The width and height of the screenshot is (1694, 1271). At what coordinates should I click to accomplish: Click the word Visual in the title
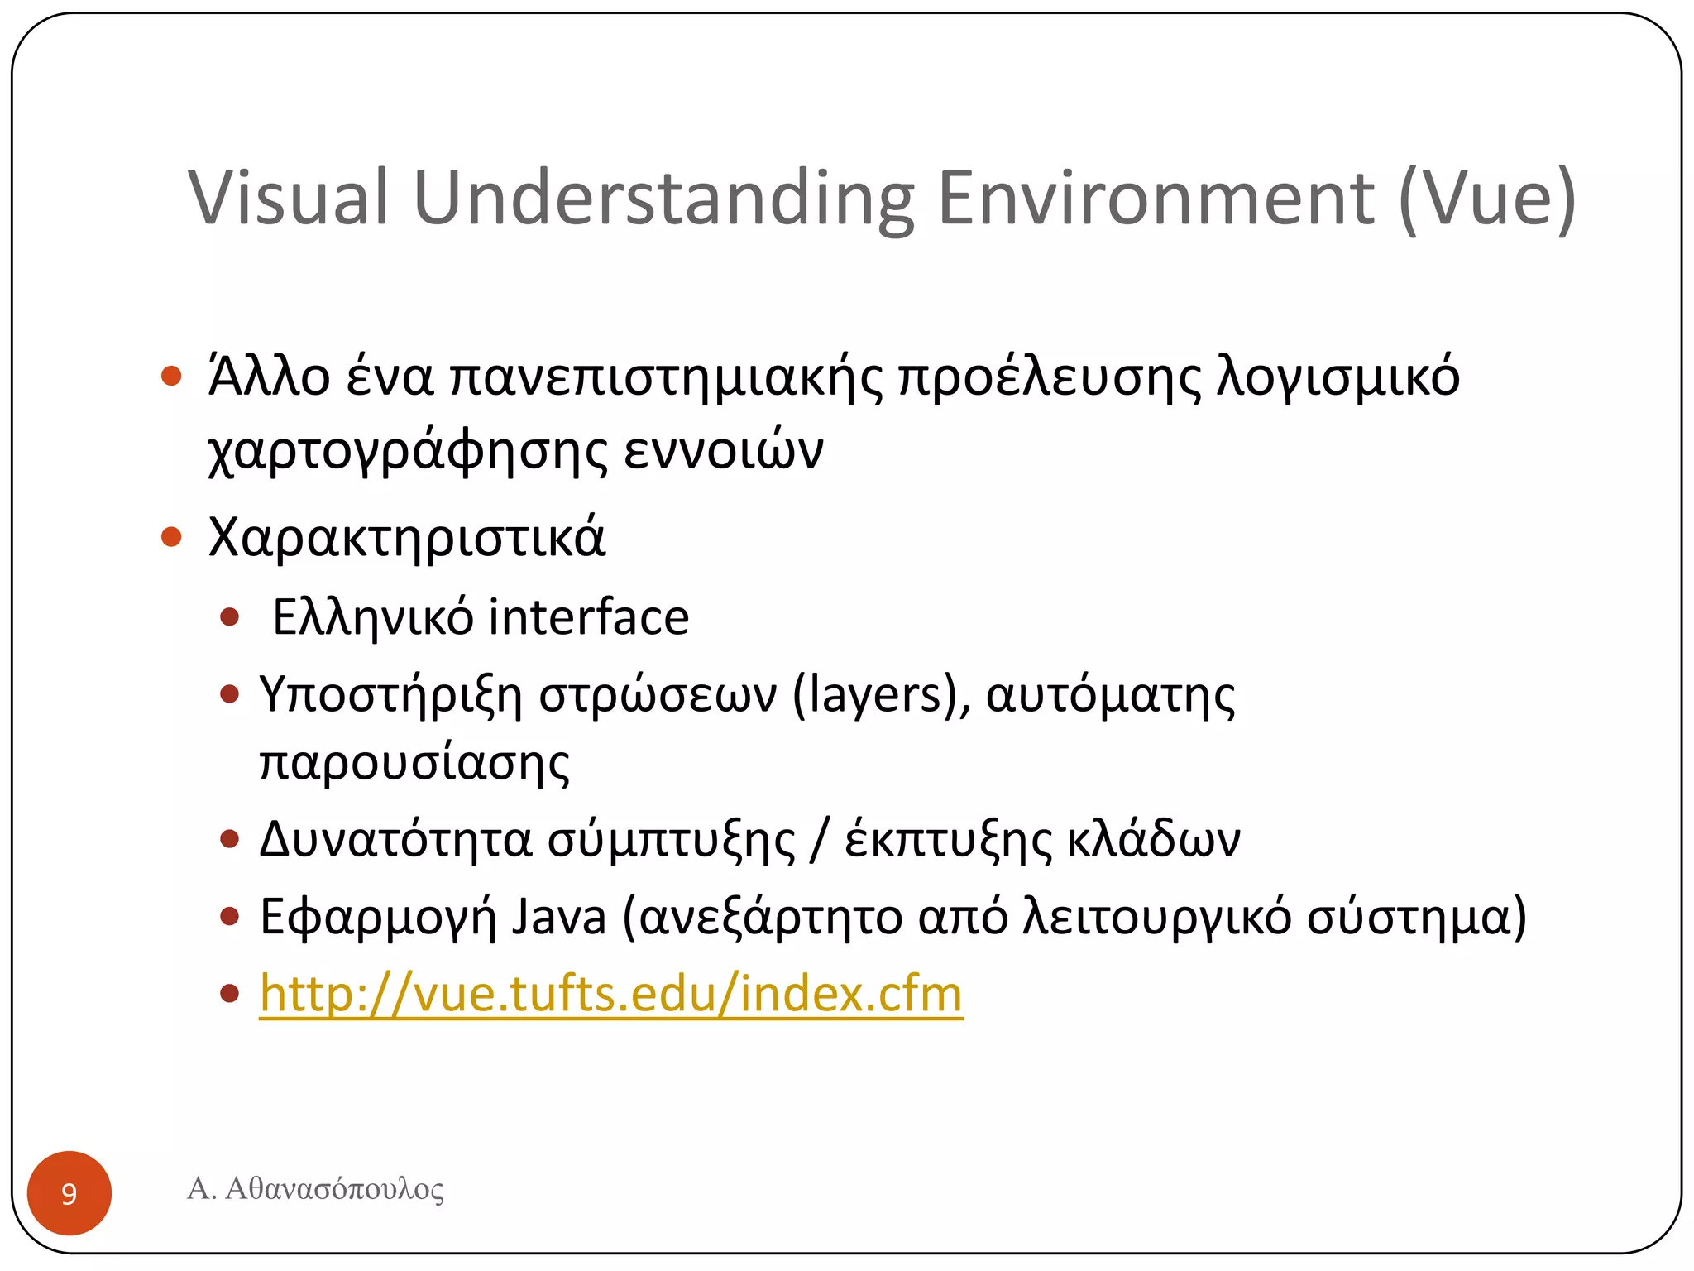(x=288, y=198)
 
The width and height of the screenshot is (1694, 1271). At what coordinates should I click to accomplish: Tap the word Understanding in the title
(x=663, y=199)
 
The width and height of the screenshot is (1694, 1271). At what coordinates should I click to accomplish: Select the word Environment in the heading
(x=1156, y=198)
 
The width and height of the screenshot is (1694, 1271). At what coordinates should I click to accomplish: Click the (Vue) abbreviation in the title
(x=1487, y=199)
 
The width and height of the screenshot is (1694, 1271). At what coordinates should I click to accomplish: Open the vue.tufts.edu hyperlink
(x=611, y=993)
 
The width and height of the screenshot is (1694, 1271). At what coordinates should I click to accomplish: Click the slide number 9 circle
(x=69, y=1192)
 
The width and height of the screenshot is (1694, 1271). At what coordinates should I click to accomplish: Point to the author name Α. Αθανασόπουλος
(x=315, y=1189)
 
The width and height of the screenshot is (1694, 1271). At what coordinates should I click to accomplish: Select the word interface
(x=588, y=617)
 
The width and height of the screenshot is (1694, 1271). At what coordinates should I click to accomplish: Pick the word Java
(x=558, y=917)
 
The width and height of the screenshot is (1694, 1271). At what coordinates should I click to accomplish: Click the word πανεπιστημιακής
(x=666, y=378)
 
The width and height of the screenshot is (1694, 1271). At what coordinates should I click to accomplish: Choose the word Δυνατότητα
(x=395, y=839)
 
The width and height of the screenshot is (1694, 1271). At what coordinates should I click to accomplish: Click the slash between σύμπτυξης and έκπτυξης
(x=820, y=839)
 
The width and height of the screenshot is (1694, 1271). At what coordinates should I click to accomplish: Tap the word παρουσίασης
(x=414, y=763)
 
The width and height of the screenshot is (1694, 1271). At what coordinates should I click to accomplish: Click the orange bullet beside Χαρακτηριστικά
(x=171, y=537)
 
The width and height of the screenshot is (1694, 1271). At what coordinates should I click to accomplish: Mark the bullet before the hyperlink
(x=230, y=993)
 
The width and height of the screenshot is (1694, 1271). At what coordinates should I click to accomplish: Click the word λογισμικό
(x=1337, y=378)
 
